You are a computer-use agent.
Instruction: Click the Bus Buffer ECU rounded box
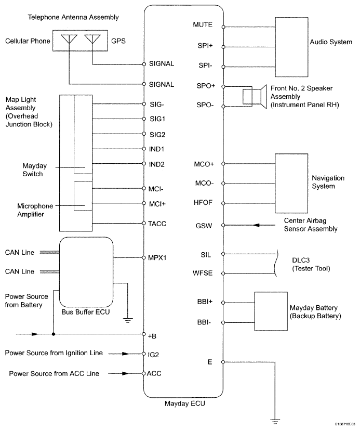86,271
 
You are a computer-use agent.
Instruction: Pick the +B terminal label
153,336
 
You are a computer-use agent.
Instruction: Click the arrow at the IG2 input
126,354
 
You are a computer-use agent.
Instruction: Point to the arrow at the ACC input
126,373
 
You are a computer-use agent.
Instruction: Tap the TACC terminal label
157,223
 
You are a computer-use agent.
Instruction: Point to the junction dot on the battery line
54,334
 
